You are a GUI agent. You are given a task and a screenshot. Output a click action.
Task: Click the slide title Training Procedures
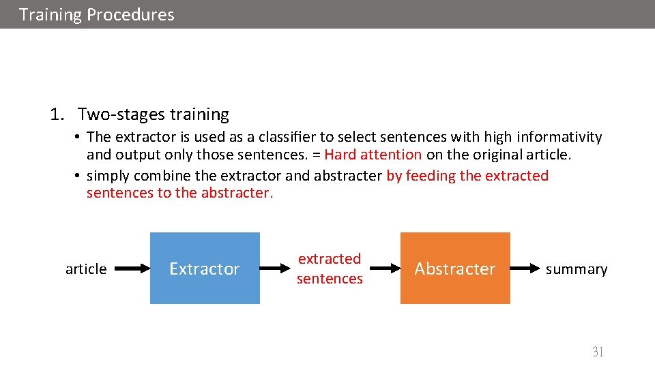[x=96, y=14]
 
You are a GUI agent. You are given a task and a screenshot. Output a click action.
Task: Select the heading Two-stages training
[x=153, y=114]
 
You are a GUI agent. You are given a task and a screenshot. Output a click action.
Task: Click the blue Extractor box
[x=205, y=269]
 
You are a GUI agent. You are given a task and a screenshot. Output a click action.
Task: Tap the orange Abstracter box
[x=454, y=269]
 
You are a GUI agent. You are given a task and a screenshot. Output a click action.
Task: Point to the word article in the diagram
[x=86, y=269]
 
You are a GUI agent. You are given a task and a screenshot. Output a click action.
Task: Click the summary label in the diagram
[x=576, y=269]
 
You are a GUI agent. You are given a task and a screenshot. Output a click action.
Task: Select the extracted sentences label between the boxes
[x=330, y=269]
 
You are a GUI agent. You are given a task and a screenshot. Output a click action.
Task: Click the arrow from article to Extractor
[x=130, y=269]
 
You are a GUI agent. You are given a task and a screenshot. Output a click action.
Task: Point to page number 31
[x=598, y=352]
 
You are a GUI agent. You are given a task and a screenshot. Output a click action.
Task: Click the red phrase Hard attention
[x=373, y=155]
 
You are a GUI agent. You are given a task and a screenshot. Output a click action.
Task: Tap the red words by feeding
[x=421, y=176]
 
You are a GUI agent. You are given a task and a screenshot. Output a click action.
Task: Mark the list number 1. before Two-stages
[x=57, y=114]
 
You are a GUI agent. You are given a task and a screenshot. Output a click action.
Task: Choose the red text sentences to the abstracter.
[x=179, y=193]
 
